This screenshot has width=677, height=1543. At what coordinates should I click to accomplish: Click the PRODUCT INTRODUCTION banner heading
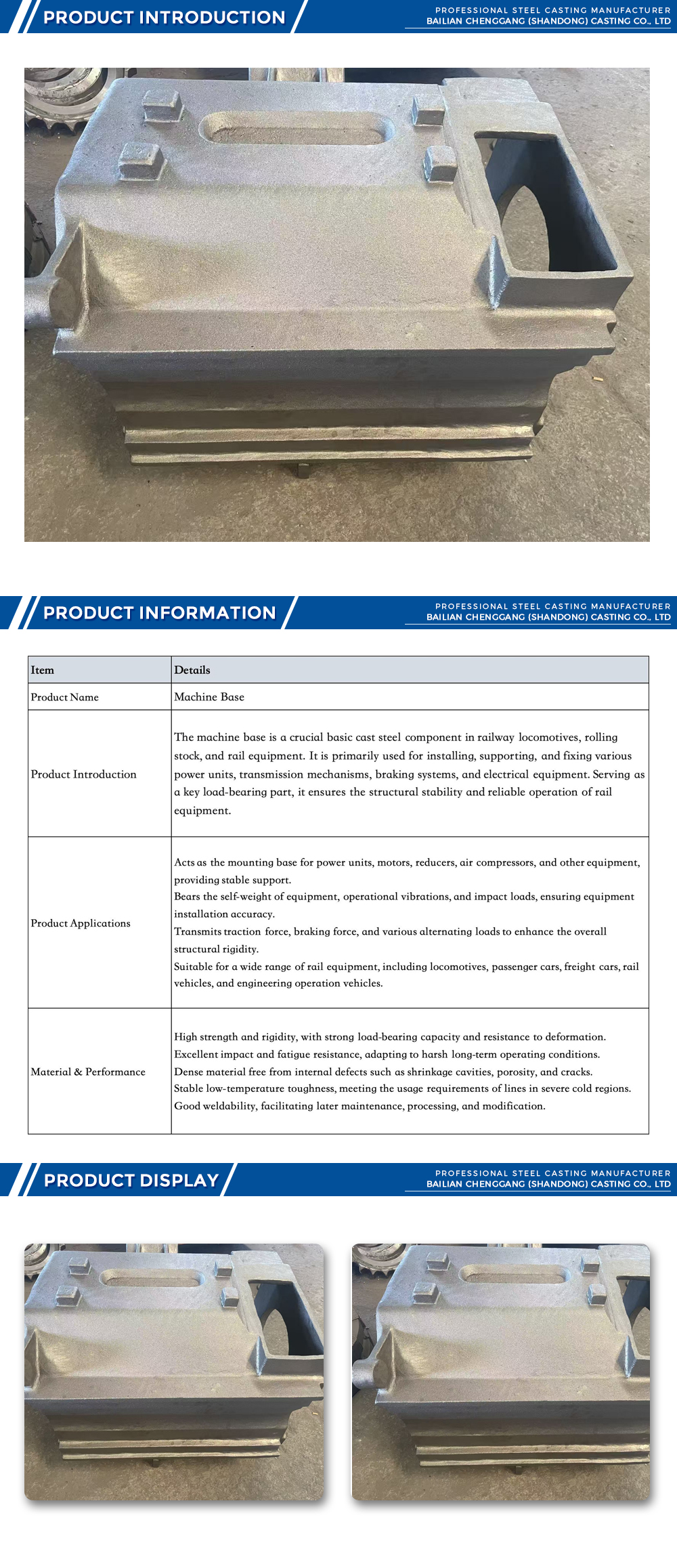[165, 17]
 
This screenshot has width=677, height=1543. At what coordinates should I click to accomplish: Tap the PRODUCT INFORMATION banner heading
[160, 612]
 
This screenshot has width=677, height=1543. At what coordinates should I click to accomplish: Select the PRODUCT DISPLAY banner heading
[131, 1180]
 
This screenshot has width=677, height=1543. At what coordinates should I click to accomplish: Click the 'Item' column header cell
[42, 670]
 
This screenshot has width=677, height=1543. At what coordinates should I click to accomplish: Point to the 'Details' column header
[192, 670]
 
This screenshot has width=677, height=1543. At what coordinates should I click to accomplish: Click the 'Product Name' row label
[65, 697]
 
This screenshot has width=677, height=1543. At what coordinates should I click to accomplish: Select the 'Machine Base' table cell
[209, 697]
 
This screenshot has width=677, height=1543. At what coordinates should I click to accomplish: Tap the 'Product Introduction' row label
[84, 774]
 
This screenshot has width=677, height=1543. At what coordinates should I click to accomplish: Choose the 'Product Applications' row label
[81, 923]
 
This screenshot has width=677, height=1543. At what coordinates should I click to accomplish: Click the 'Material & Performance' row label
[88, 1072]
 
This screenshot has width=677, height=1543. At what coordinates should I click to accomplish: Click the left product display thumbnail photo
[174, 1372]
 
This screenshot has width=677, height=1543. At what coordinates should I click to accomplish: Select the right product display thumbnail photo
[501, 1372]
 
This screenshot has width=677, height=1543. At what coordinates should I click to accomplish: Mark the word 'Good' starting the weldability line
[187, 1106]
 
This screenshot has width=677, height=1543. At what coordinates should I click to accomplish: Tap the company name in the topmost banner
[548, 21]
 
